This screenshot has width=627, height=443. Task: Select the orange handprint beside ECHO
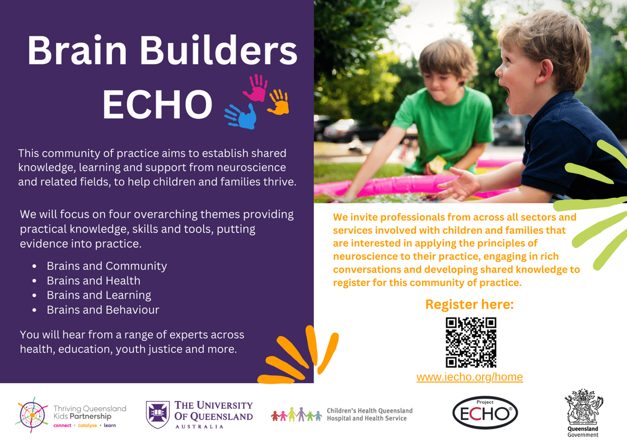[x=279, y=102]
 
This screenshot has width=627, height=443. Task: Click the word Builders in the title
[x=218, y=51]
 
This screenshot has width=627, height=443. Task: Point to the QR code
[x=471, y=342]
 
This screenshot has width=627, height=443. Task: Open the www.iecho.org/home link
[x=470, y=377]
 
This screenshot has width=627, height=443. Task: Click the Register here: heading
[x=469, y=305]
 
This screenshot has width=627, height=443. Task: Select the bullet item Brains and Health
[x=93, y=281]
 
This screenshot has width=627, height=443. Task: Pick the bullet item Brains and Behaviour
[x=103, y=310]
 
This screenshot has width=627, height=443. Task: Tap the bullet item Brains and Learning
[x=99, y=295]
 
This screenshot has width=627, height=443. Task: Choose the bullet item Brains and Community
[x=107, y=266]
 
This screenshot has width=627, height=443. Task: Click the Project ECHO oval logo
[x=485, y=413]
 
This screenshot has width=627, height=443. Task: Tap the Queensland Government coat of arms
[x=583, y=407]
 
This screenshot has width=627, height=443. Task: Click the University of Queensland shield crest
[x=157, y=414]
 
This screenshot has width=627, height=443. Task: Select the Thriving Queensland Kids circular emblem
[x=32, y=415]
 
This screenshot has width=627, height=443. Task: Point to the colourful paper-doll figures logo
[x=296, y=414]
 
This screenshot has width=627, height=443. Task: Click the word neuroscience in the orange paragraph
[x=362, y=257]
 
